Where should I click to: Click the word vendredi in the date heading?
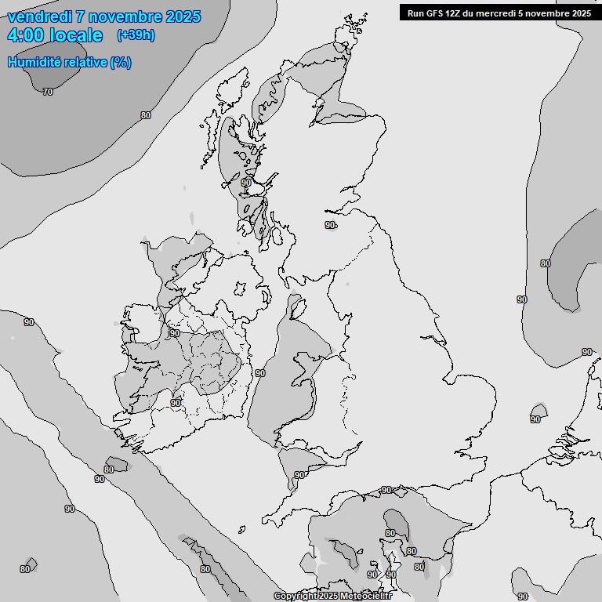tap(40, 16)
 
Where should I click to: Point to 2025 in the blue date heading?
tap(180, 16)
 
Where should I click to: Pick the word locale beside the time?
tap(77, 35)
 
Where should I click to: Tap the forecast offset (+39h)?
tap(136, 34)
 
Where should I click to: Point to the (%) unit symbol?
tap(121, 62)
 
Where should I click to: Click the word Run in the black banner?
tap(415, 13)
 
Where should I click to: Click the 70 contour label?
tap(48, 92)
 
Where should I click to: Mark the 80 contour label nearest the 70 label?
tap(146, 115)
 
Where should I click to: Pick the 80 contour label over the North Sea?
tap(546, 263)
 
